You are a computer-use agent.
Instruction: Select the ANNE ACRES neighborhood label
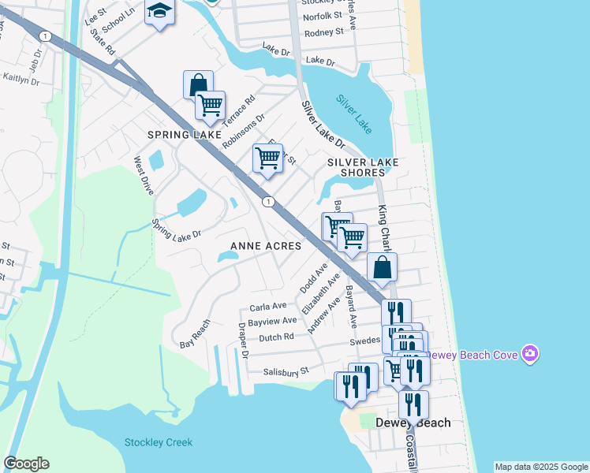[x=266, y=246]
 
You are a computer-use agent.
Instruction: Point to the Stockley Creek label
[x=158, y=442]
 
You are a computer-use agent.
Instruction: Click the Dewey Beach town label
[x=413, y=423]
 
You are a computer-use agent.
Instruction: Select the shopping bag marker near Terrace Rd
[x=198, y=84]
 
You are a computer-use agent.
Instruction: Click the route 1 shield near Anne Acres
[x=268, y=202]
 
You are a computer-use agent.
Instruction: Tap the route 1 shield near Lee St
[x=47, y=36]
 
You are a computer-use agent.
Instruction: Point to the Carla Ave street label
[x=268, y=306]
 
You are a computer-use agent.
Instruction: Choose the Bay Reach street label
[x=196, y=333]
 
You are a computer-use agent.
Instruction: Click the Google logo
[x=26, y=464]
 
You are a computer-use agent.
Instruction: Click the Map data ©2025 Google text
[x=540, y=467]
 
